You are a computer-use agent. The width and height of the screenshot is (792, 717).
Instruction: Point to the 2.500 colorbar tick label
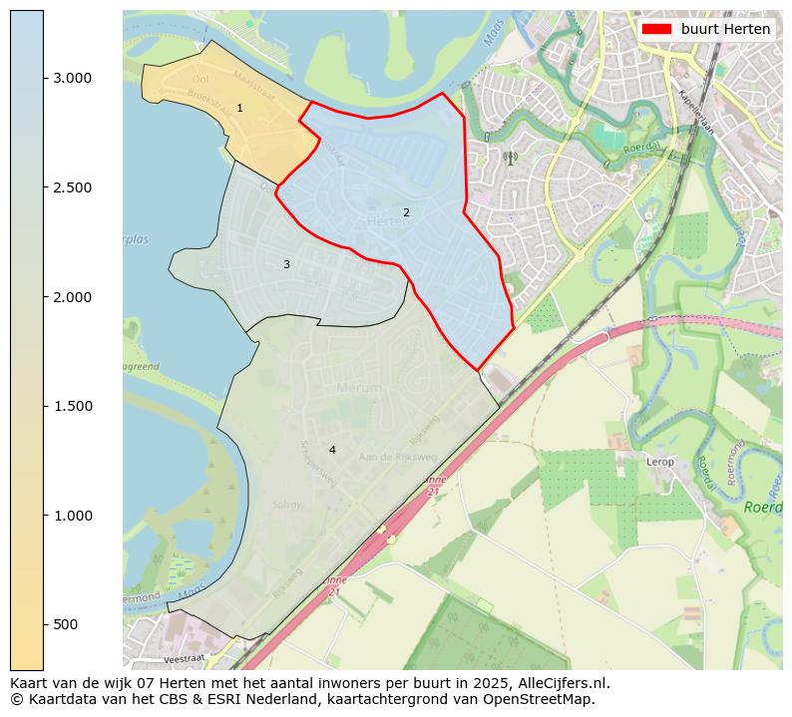tap(72, 187)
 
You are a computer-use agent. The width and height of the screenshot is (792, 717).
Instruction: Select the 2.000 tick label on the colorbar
tap(72, 297)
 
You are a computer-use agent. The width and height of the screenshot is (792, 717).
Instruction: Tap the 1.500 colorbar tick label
tap(72, 406)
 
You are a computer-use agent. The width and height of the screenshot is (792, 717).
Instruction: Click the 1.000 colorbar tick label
tap(72, 516)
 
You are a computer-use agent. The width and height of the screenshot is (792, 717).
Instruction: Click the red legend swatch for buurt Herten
tap(656, 29)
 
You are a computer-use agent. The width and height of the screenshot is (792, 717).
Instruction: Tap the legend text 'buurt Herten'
tap(725, 29)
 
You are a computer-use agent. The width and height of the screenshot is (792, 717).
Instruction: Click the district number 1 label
tap(239, 108)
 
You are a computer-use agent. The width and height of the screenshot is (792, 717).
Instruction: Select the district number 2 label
tap(406, 212)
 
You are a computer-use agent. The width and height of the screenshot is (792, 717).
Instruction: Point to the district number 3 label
tap(286, 264)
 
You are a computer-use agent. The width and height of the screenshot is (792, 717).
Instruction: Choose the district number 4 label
tap(332, 450)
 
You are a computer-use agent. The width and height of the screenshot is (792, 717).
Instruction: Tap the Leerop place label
tap(660, 462)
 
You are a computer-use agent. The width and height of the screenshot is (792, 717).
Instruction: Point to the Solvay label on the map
tap(286, 506)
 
